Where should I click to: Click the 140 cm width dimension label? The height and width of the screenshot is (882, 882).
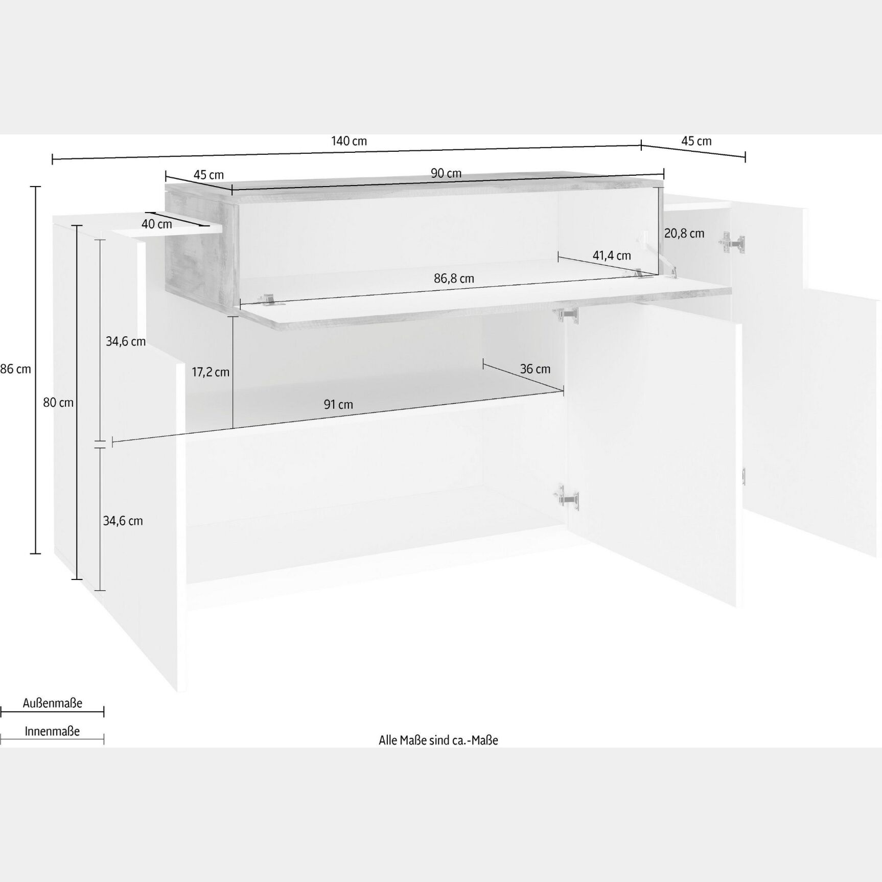pyautogui.click(x=349, y=141)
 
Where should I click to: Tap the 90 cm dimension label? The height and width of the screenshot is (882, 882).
pyautogui.click(x=446, y=173)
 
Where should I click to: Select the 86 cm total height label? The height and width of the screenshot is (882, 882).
pyautogui.click(x=16, y=369)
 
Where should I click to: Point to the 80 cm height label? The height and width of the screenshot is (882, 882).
pyautogui.click(x=58, y=403)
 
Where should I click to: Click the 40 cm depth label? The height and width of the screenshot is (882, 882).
pyautogui.click(x=157, y=224)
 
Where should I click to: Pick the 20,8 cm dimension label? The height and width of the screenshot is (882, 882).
pyautogui.click(x=684, y=234)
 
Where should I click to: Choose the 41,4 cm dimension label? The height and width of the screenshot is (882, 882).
pyautogui.click(x=612, y=256)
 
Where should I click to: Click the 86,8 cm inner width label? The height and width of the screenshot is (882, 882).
pyautogui.click(x=454, y=278)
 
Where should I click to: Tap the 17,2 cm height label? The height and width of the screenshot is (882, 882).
pyautogui.click(x=211, y=372)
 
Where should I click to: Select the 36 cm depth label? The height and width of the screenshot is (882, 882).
pyautogui.click(x=535, y=369)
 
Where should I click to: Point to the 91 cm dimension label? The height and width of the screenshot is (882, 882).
pyautogui.click(x=338, y=405)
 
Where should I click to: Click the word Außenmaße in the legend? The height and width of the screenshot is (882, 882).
pyautogui.click(x=53, y=703)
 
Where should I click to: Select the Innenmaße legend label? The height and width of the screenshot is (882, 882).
pyautogui.click(x=52, y=731)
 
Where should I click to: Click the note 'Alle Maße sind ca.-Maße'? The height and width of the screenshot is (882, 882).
pyautogui.click(x=438, y=740)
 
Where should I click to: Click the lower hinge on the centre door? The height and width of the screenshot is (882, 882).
pyautogui.click(x=567, y=497)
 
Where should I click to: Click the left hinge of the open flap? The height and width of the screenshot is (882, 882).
pyautogui.click(x=269, y=299)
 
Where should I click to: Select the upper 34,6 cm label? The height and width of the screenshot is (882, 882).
pyautogui.click(x=126, y=341)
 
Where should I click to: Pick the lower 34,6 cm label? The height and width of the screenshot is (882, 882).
pyautogui.click(x=123, y=521)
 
